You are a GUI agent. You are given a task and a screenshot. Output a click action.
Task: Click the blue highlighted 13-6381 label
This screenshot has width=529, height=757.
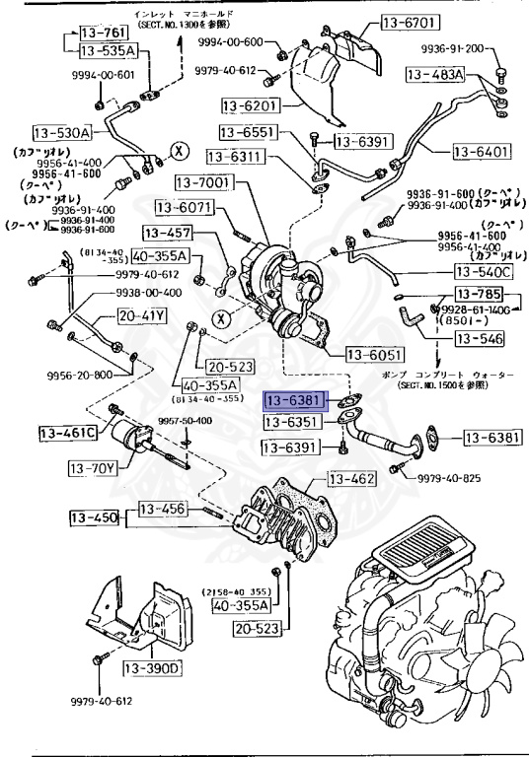292,402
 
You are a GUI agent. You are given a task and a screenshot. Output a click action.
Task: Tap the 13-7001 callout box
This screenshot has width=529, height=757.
203,183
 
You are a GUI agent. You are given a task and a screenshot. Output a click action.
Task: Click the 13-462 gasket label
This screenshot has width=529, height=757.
352,480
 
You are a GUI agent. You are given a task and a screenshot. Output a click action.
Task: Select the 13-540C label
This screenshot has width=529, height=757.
483,271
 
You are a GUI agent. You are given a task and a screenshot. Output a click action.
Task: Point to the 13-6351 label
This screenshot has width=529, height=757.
292,422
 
